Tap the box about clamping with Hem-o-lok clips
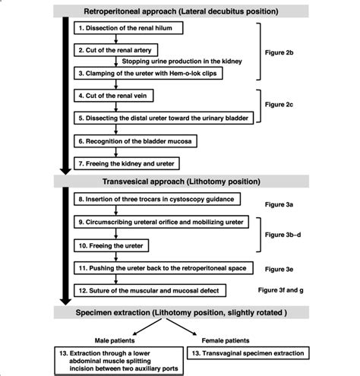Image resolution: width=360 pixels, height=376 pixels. click(x=153, y=73)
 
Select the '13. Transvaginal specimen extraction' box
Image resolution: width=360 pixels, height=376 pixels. click(x=270, y=353)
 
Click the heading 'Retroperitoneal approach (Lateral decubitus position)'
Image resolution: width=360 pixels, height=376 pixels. click(x=180, y=11)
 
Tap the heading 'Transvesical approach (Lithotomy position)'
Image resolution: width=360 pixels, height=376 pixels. click(x=180, y=182)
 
